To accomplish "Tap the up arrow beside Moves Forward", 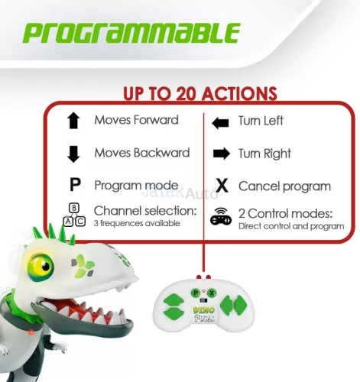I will (73, 121).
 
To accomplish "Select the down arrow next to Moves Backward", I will (73, 154).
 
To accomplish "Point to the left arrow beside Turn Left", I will (220, 121).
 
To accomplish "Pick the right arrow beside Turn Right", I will (221, 154).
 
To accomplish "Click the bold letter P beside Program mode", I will (74, 186).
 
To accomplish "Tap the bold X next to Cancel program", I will (222, 186).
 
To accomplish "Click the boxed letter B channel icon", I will (74, 207).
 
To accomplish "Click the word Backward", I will (162, 153).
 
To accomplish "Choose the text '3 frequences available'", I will (137, 224).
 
